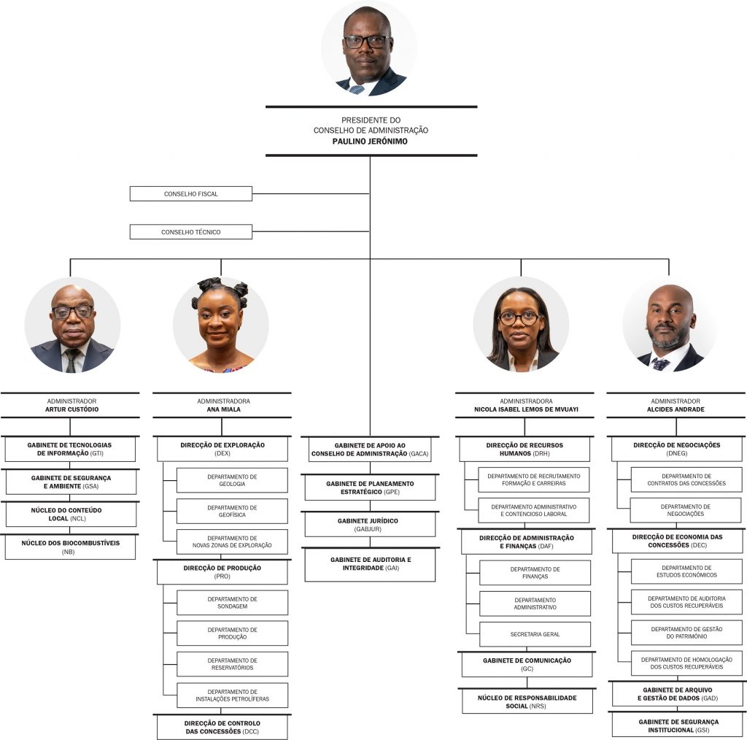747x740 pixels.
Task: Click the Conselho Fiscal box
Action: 191,194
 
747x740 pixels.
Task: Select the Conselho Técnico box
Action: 191,232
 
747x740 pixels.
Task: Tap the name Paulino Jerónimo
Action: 370,142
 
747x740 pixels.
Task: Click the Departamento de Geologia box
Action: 232,480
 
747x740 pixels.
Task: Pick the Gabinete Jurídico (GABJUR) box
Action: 370,524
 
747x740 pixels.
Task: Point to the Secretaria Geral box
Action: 535,634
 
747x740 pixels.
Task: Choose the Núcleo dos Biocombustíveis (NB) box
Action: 70,547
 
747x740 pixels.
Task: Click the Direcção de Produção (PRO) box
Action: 222,572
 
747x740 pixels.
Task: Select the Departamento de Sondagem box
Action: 232,603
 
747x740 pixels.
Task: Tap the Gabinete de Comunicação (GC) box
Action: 527,664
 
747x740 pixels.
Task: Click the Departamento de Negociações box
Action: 686,510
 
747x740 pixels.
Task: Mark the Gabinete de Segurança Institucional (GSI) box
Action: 678,725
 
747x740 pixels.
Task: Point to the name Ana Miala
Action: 223,409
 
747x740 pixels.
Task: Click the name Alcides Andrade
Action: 676,409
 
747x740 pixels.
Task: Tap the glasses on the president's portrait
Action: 368,42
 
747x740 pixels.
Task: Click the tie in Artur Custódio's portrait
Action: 72,360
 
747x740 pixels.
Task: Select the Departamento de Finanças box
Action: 535,573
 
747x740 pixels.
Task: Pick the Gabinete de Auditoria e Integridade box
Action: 370,565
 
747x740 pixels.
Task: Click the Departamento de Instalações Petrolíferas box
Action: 232,695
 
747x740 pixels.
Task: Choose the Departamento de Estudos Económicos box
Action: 686,571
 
